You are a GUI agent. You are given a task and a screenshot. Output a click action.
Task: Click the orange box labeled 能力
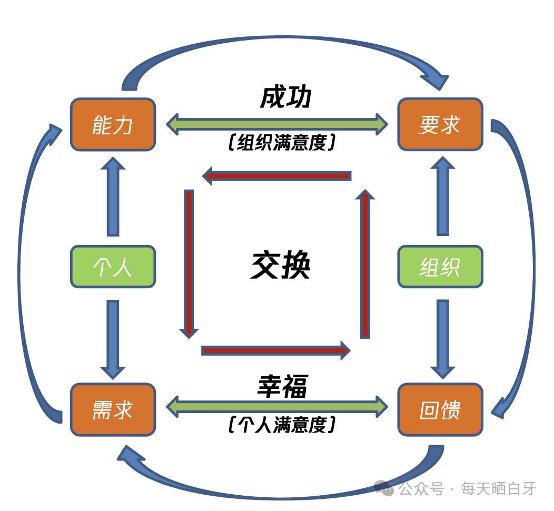pyautogui.click(x=113, y=125)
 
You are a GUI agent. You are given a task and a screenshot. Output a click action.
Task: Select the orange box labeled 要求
pyautogui.click(x=440, y=125)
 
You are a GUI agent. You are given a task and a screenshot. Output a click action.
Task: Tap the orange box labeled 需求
pyautogui.click(x=113, y=410)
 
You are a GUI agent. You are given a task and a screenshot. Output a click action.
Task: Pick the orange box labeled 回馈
pyautogui.click(x=440, y=410)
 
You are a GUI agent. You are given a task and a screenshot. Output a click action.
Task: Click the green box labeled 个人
pyautogui.click(x=113, y=267)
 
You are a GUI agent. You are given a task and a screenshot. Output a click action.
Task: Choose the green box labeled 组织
pyautogui.click(x=440, y=267)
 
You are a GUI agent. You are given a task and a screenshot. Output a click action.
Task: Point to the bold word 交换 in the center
pyautogui.click(x=281, y=265)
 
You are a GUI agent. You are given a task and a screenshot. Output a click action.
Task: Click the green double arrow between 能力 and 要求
pyautogui.click(x=277, y=124)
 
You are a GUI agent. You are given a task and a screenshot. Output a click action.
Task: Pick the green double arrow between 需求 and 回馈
pyautogui.click(x=277, y=406)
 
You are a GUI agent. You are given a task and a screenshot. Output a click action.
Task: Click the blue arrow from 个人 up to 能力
pyautogui.click(x=113, y=197)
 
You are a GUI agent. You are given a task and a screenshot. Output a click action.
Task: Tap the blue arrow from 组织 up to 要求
pyautogui.click(x=442, y=197)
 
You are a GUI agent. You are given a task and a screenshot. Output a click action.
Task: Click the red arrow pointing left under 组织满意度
pyautogui.click(x=277, y=175)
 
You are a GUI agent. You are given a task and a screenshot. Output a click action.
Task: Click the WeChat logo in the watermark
pyautogui.click(x=384, y=488)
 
